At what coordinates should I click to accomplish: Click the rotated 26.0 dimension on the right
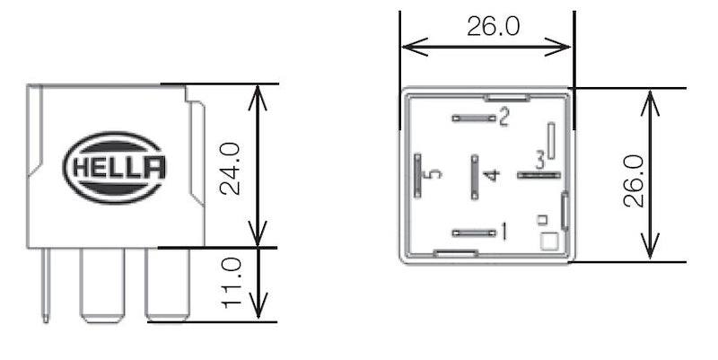pyautogui.click(x=634, y=180)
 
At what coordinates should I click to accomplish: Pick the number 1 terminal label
pyautogui.click(x=503, y=233)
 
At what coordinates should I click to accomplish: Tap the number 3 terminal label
pyautogui.click(x=539, y=161)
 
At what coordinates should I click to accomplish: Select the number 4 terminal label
pyautogui.click(x=489, y=174)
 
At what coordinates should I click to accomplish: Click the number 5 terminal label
pyautogui.click(x=434, y=173)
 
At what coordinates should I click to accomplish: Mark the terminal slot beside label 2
pyautogui.click(x=474, y=118)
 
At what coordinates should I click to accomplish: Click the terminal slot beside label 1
pyautogui.click(x=474, y=233)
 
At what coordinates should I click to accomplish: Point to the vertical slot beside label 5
pyautogui.click(x=418, y=173)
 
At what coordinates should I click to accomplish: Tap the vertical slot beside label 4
pyautogui.click(x=473, y=173)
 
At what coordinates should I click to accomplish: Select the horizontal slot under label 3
pyautogui.click(x=538, y=174)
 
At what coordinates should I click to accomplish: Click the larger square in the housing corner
pyautogui.click(x=549, y=241)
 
